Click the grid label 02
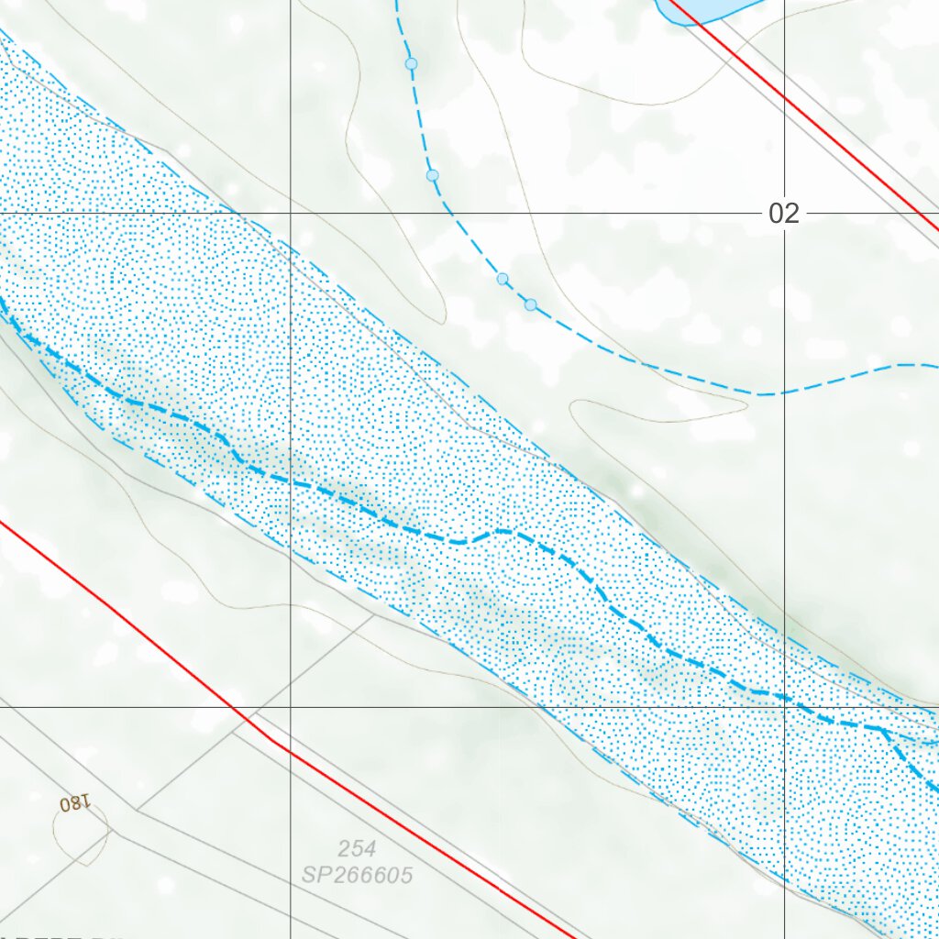(784, 214)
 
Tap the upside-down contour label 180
(75, 803)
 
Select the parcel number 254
(357, 848)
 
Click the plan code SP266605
(358, 875)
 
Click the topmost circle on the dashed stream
(412, 63)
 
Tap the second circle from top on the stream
(433, 174)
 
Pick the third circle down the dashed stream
(503, 278)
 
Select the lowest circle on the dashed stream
(531, 304)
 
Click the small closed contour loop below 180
(81, 834)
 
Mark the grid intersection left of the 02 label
(291, 214)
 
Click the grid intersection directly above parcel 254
(291, 707)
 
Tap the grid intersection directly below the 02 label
(784, 707)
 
